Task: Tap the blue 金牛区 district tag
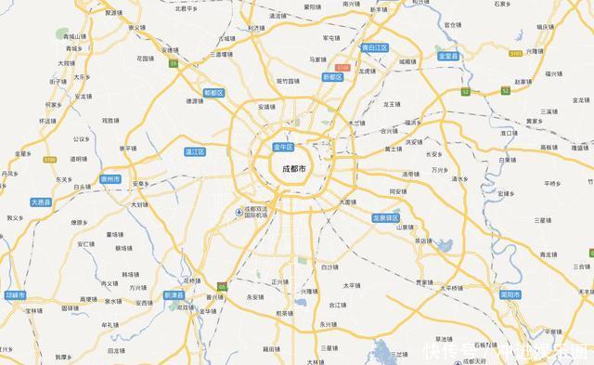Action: pyautogui.click(x=283, y=148)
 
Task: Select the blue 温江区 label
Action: pyautogui.click(x=195, y=150)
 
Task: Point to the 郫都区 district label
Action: pyautogui.click(x=214, y=93)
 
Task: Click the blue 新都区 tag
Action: pyautogui.click(x=332, y=77)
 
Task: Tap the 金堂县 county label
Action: pyautogui.click(x=451, y=56)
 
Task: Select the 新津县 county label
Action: pyautogui.click(x=174, y=295)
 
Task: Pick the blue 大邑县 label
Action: pyautogui.click(x=41, y=201)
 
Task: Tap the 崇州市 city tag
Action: pyautogui.click(x=110, y=178)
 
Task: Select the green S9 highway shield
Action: pyautogui.click(x=174, y=63)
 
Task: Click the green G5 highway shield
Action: pyautogui.click(x=222, y=260)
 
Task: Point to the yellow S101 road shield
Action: pyautogui.click(x=515, y=55)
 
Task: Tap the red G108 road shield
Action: pyautogui.click(x=342, y=68)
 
